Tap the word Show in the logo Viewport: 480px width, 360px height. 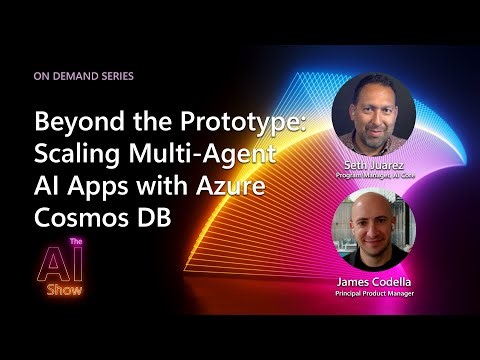pyautogui.click(x=69, y=290)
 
